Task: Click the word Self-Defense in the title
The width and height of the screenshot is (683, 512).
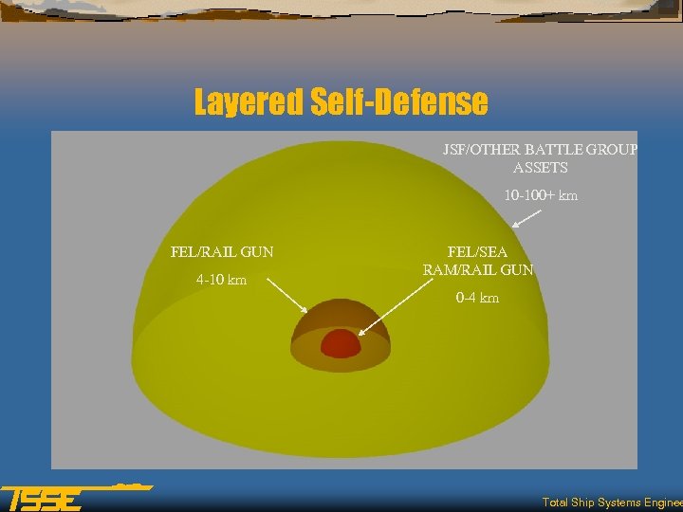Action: tap(399, 101)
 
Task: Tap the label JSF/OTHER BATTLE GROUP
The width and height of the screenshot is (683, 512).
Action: tap(540, 149)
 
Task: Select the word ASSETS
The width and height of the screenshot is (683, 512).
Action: tap(540, 168)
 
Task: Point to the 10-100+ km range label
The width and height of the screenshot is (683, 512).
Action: tap(540, 196)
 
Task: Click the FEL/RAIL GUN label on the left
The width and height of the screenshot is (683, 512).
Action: tap(222, 252)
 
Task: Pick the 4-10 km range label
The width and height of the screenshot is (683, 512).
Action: tap(221, 280)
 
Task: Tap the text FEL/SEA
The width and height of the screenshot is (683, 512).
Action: tap(477, 252)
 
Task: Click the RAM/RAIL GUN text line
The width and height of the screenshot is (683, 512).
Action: tap(477, 270)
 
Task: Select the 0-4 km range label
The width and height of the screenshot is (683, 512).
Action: tap(477, 298)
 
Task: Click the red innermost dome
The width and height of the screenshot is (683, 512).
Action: tap(341, 342)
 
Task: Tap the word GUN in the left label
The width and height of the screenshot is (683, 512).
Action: tap(256, 252)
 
